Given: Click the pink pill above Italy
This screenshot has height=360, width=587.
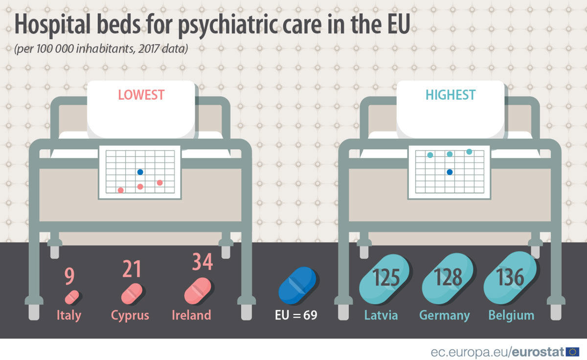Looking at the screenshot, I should point(72,296).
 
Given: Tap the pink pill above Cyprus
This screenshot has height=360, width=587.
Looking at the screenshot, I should point(132,293).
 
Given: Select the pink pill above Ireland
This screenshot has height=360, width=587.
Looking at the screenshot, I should point(198,291).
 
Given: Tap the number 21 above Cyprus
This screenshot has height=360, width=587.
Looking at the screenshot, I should point(132,269).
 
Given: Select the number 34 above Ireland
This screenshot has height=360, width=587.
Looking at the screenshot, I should point(202,262).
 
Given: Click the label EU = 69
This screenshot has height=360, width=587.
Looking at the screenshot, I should point(295,315).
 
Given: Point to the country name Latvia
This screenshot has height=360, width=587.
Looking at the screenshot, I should point(381,315).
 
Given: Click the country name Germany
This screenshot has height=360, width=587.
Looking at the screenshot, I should point(444,315).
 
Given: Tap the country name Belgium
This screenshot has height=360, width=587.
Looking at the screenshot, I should point(511,315).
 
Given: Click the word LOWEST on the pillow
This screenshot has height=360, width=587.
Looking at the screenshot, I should point(141,94).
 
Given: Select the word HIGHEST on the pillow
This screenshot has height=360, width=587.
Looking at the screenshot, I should point(450,94).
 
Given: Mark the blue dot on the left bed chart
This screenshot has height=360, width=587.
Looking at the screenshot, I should point(140,172).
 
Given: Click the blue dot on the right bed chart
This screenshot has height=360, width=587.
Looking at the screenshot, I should point(450,172).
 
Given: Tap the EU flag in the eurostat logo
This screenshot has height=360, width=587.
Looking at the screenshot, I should point(572,351).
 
